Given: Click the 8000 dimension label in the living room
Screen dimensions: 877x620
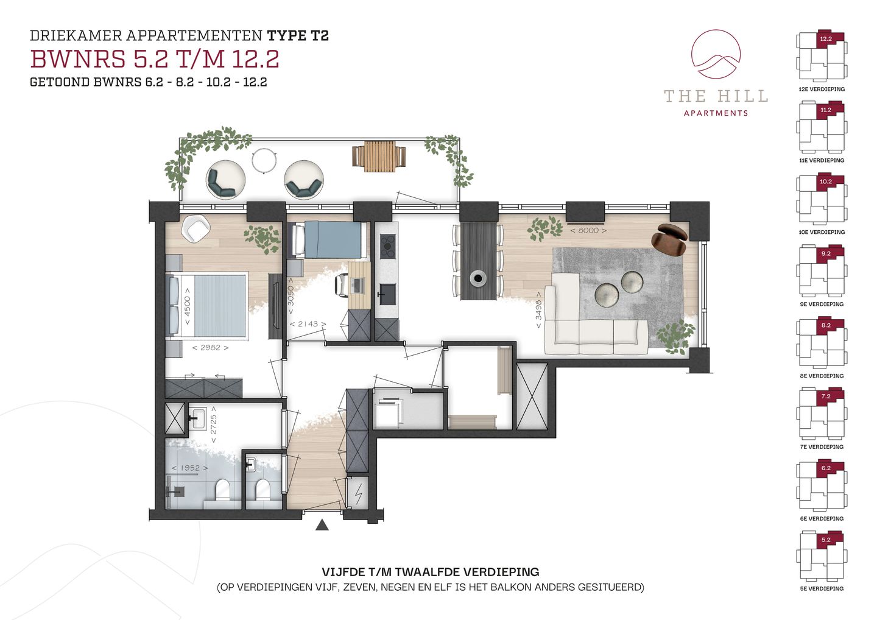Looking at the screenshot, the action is (588, 231).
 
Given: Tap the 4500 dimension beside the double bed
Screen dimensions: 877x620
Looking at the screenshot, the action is (187, 306).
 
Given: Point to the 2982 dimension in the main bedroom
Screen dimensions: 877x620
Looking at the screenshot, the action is (210, 348).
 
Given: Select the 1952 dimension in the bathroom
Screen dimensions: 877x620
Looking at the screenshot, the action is (190, 468).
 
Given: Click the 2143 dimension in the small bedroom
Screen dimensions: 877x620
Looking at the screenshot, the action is (308, 324).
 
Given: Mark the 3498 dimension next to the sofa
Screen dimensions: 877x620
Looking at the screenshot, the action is (539, 310).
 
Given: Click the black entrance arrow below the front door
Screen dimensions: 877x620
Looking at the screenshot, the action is (322, 525).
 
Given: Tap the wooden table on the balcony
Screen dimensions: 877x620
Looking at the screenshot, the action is (379, 157).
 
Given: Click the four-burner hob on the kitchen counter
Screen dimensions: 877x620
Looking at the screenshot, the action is (387, 246).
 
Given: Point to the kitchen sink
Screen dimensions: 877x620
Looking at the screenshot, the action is (387, 294).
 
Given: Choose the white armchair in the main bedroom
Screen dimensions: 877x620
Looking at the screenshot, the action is (195, 229).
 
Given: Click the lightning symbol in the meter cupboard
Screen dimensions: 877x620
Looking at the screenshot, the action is (359, 496).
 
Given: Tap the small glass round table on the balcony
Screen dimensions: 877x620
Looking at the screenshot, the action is (265, 160).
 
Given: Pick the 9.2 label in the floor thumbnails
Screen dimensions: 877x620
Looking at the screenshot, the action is (826, 253).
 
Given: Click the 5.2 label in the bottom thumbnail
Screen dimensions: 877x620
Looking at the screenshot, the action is (826, 540).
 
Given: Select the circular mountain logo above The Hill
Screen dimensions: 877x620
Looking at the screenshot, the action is (716, 54).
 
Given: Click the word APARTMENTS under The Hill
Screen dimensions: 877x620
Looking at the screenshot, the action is (716, 113).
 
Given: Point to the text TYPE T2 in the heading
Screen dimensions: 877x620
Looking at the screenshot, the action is (298, 35).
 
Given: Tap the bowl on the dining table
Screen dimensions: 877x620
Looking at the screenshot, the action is (478, 278).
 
